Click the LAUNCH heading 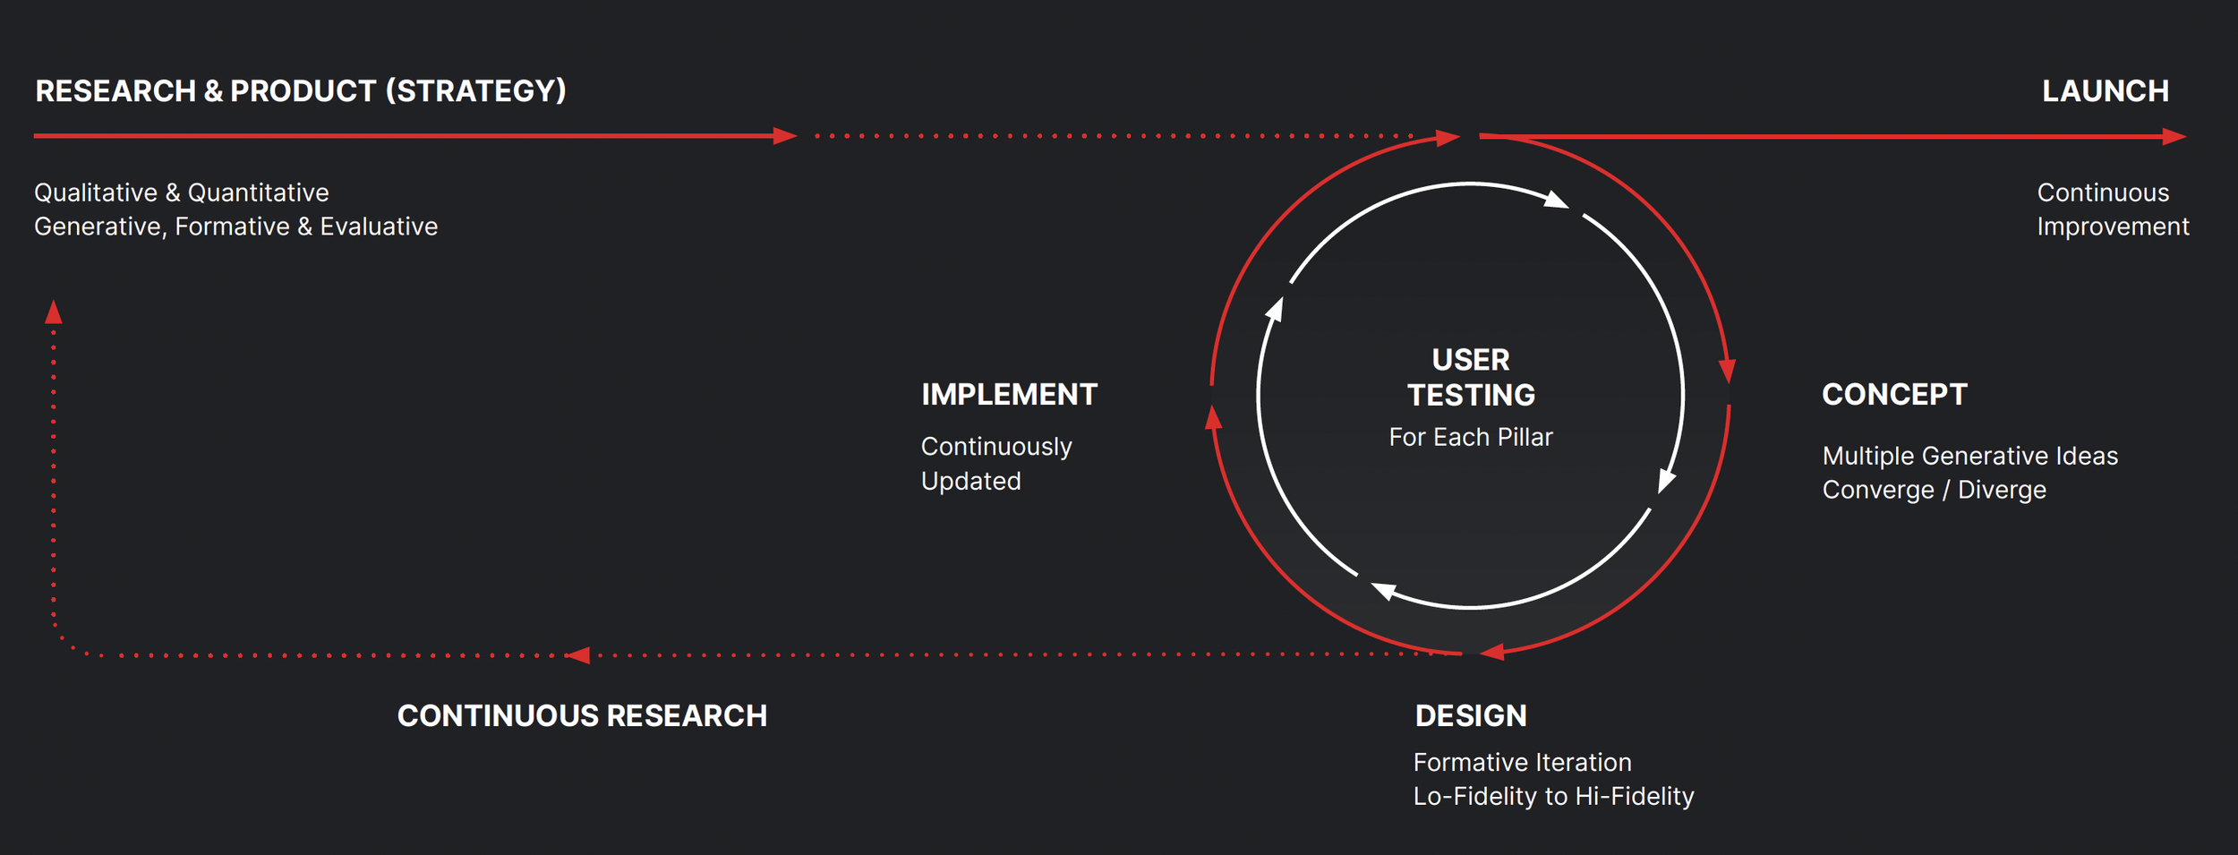pyautogui.click(x=2105, y=91)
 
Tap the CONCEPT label pyautogui.click(x=1894, y=395)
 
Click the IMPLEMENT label pyautogui.click(x=1009, y=395)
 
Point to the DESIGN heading pyautogui.click(x=1471, y=716)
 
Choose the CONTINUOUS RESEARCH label pyautogui.click(x=582, y=716)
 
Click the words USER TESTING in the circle pyautogui.click(x=1471, y=378)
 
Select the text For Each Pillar pyautogui.click(x=1471, y=438)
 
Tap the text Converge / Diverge pyautogui.click(x=1934, y=491)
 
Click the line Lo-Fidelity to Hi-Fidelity pyautogui.click(x=1553, y=797)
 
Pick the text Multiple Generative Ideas pyautogui.click(x=1969, y=457)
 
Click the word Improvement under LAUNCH pyautogui.click(x=2113, y=227)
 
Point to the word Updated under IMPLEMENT pyautogui.click(x=970, y=482)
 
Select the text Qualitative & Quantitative pyautogui.click(x=182, y=193)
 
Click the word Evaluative pyautogui.click(x=379, y=227)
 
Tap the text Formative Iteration pyautogui.click(x=1522, y=763)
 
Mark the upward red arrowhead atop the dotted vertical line pyautogui.click(x=54, y=312)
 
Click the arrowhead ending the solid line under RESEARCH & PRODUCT pyautogui.click(x=785, y=136)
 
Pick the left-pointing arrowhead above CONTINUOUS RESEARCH pyautogui.click(x=578, y=655)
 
